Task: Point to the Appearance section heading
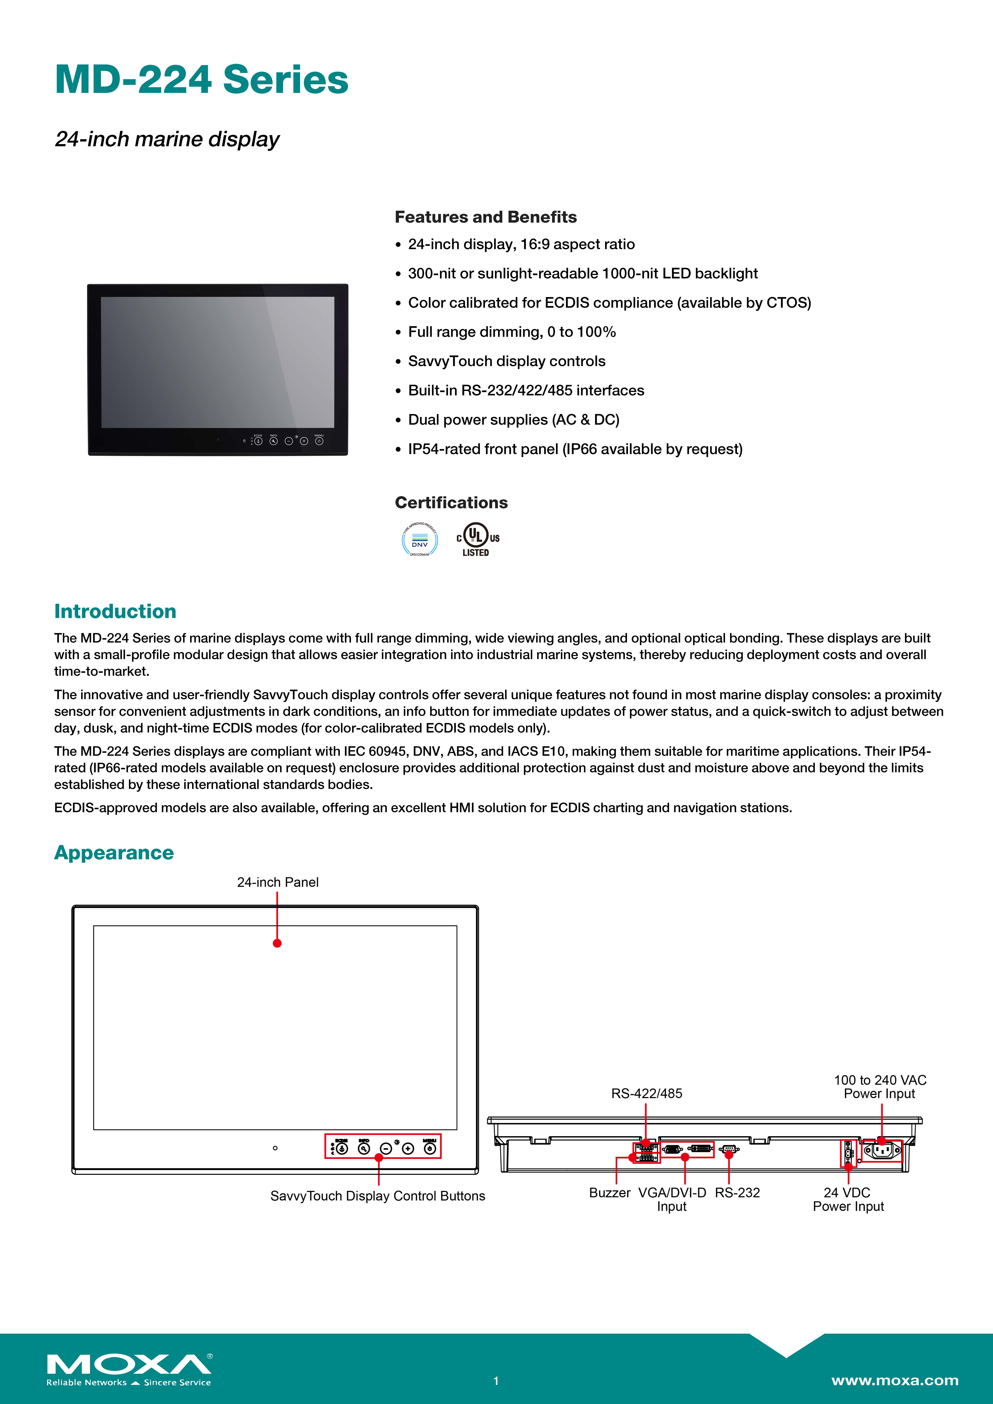click(114, 852)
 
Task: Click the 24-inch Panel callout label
click(278, 882)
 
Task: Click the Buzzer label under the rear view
click(609, 1192)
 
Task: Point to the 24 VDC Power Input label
click(848, 1199)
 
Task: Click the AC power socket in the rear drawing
click(882, 1151)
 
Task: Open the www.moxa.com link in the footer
click(895, 1380)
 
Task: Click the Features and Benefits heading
click(486, 217)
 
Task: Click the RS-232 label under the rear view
click(737, 1192)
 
